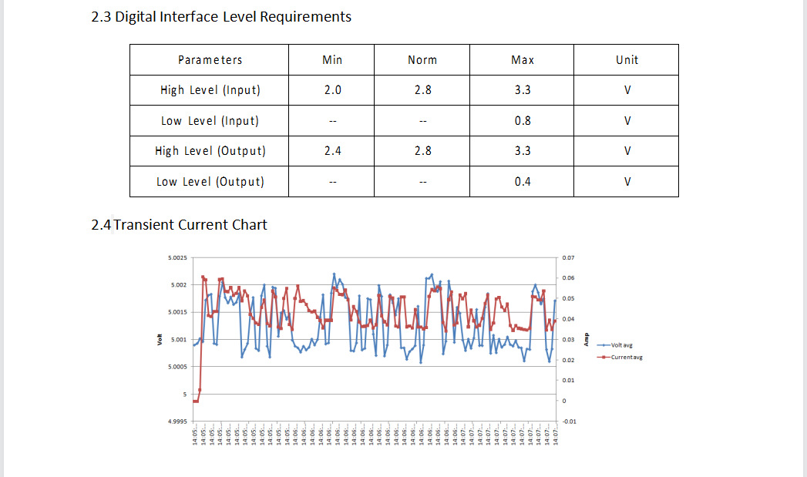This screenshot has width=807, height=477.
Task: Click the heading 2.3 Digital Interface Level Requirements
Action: [x=221, y=16]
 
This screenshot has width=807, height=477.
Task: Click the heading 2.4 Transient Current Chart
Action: [x=180, y=225]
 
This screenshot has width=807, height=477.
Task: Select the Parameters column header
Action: [x=210, y=60]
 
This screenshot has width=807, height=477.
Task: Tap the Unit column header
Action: [x=627, y=60]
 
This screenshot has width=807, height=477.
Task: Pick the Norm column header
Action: [x=422, y=60]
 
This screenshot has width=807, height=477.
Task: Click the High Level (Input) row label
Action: [x=210, y=90]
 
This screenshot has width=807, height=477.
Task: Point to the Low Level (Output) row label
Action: [x=210, y=182]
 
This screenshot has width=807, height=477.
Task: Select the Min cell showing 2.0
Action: [x=332, y=90]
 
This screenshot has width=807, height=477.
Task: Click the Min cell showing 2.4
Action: [x=332, y=151]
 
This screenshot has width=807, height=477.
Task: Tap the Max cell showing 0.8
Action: [x=522, y=121]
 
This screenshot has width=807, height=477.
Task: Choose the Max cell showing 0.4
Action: [x=522, y=182]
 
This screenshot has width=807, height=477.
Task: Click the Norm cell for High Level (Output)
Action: [x=422, y=151]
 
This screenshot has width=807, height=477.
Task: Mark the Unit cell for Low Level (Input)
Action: [x=627, y=121]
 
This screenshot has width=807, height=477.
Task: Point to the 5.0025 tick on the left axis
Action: [x=177, y=257]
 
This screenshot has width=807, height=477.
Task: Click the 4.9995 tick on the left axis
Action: [x=177, y=422]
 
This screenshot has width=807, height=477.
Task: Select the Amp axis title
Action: [x=587, y=340]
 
